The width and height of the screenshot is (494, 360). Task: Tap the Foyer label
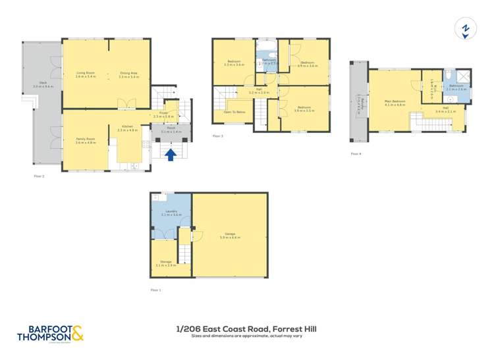click(x=171, y=113)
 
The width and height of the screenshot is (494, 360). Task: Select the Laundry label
click(x=171, y=213)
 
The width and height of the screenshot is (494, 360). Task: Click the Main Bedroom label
click(x=394, y=102)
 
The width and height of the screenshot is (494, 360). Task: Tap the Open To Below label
click(x=234, y=113)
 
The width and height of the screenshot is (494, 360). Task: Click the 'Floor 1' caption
click(x=155, y=290)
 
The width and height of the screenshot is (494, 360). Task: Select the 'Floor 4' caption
click(x=356, y=153)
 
